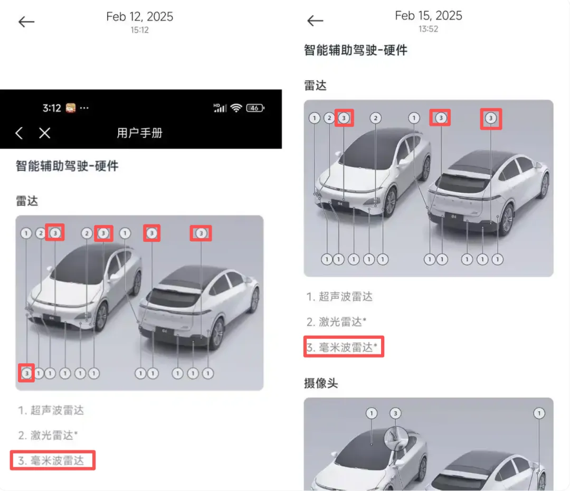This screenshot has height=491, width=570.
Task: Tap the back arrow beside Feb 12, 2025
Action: [x=26, y=22]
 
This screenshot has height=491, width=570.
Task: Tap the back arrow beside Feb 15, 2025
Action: [x=315, y=21]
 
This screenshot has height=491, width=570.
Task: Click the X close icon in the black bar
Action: [x=45, y=133]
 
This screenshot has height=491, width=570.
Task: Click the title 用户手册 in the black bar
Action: [x=139, y=133]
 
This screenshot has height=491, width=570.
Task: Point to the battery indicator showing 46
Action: [x=255, y=108]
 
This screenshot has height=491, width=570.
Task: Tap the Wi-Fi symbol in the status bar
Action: [x=236, y=108]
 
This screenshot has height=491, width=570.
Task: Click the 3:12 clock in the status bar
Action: [x=52, y=108]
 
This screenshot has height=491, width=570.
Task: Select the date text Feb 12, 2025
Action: [x=139, y=17]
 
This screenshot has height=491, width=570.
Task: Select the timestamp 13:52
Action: [x=428, y=29]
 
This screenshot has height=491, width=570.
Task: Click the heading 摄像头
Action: [x=321, y=383]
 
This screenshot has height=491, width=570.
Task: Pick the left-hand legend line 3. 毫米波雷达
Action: [x=51, y=460]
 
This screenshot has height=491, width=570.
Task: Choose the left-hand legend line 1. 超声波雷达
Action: [x=51, y=410]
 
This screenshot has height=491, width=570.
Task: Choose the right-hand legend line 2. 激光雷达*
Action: [x=336, y=322]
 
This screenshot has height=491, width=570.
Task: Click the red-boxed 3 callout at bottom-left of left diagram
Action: [x=26, y=373]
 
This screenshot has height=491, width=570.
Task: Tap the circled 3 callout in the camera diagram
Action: [x=395, y=413]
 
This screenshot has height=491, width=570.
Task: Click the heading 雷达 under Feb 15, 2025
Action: [x=315, y=86]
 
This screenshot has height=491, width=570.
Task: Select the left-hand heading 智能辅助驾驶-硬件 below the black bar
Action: [x=67, y=166]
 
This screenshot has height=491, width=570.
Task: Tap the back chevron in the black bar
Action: [x=20, y=133]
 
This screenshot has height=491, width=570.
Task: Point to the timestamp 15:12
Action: [x=139, y=30]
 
